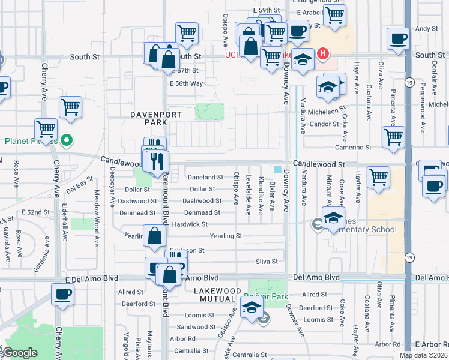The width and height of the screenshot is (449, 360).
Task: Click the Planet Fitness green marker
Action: click(x=67, y=142)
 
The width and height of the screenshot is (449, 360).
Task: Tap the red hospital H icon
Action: click(x=323, y=54)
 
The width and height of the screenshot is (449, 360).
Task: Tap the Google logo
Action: click(x=20, y=353)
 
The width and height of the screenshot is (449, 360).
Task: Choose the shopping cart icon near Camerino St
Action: click(x=393, y=136)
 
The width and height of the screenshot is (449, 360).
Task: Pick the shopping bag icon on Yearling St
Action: click(x=154, y=236)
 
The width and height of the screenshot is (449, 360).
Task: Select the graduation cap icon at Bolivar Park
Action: click(x=252, y=308)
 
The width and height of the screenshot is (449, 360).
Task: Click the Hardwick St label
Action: click(x=190, y=224)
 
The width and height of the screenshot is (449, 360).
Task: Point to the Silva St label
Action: click(x=267, y=262)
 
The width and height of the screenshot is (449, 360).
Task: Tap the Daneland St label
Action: click(x=205, y=178)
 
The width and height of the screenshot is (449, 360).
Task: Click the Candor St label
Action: click(x=325, y=124)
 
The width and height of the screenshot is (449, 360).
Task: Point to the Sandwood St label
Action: click(x=192, y=327)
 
